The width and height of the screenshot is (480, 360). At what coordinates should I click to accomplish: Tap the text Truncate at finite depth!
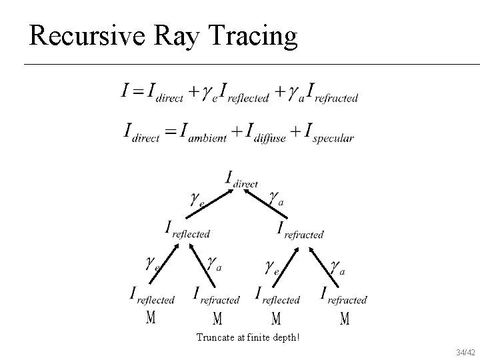(x=248, y=337)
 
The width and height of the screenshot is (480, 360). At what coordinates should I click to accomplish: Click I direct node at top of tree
(x=241, y=179)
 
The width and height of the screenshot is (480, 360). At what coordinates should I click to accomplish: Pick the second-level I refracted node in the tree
(x=300, y=230)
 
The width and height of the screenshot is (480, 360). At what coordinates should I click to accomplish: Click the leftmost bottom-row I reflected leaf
(x=152, y=295)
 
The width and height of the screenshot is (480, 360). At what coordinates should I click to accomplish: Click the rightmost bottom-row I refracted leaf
(x=343, y=295)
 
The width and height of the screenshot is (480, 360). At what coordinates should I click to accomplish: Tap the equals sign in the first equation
(x=138, y=91)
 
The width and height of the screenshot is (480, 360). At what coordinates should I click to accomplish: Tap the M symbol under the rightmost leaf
(x=344, y=319)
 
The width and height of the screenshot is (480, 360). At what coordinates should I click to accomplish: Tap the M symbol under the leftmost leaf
(x=151, y=318)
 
